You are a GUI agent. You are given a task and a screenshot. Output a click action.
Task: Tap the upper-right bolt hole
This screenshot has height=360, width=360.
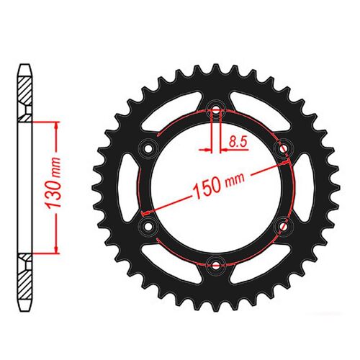[x=283, y=148]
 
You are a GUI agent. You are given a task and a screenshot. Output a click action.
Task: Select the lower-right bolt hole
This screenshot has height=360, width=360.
[x=283, y=225]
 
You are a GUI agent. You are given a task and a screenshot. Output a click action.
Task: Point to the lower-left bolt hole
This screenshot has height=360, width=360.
[x=149, y=226]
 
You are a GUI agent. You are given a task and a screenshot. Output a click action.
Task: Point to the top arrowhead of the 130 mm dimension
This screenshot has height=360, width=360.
[x=55, y=123]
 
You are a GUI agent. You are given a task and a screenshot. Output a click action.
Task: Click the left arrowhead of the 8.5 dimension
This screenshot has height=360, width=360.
[x=209, y=150]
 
